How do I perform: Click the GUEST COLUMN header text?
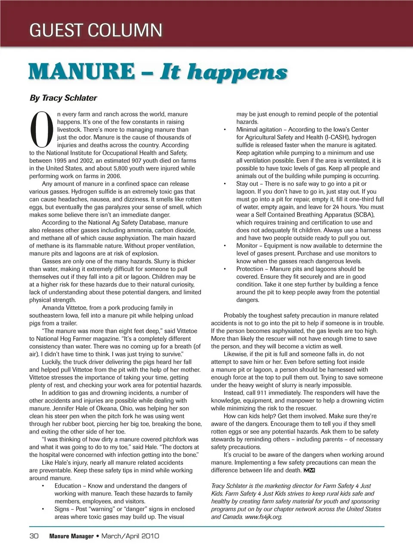click(96, 30)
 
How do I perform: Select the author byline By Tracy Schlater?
click(63, 98)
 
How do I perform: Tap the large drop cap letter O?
click(42, 129)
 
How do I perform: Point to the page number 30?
click(34, 536)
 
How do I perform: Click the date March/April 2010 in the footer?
click(130, 536)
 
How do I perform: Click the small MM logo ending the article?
click(309, 470)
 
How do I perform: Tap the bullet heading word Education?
click(68, 486)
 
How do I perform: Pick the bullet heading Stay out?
click(247, 184)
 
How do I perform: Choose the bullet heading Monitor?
click(247, 246)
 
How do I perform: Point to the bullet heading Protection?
click(250, 269)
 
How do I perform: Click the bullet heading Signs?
click(62, 509)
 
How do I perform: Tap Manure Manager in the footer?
click(71, 536)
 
